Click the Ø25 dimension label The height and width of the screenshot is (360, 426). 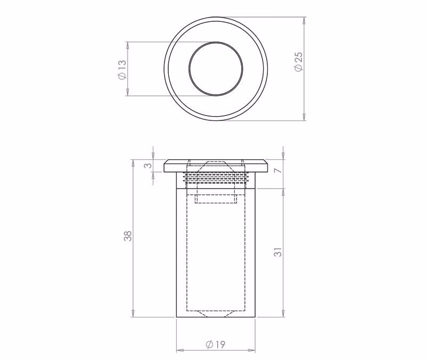(298, 61)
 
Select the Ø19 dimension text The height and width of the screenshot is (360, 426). (216, 345)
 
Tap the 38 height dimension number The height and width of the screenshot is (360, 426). (128, 235)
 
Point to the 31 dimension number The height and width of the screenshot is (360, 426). (278, 252)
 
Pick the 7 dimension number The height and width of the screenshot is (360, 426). (277, 170)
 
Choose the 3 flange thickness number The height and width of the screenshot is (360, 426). (148, 166)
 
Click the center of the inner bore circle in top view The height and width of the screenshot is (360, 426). (216, 69)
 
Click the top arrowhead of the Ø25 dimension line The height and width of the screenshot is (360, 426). (304, 21)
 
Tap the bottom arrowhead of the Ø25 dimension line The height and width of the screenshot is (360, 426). (304, 117)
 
